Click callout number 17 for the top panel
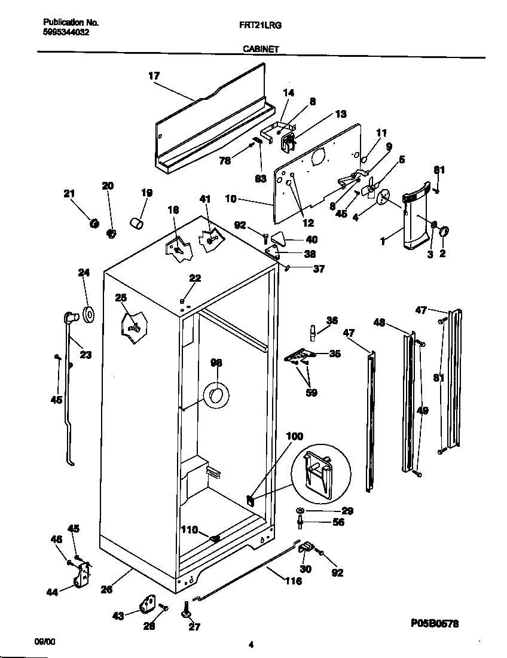pos(154,76)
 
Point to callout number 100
pos(295,437)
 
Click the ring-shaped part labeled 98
pos(216,395)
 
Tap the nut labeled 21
pos(93,223)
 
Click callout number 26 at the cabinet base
pos(106,589)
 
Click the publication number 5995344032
pos(67,33)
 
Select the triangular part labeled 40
pos(279,238)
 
